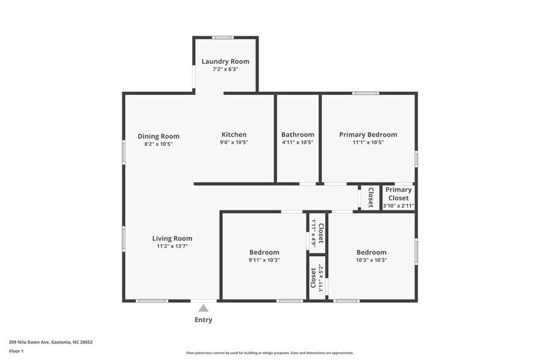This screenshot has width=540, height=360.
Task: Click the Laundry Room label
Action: coord(225,61)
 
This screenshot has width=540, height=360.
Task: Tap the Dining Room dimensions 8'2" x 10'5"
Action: coord(158,144)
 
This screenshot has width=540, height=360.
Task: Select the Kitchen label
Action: coord(234,135)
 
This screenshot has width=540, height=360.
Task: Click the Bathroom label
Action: coord(298,135)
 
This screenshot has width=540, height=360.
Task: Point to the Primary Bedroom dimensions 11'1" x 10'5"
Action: coord(368,142)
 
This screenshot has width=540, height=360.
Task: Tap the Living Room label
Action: coord(172,239)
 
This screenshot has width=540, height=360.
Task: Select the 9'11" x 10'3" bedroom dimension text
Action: coord(264,260)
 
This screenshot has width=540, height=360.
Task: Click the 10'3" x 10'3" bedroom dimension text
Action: coord(371,260)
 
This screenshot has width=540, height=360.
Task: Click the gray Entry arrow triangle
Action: coord(203,309)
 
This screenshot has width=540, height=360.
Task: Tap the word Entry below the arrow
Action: coord(203,320)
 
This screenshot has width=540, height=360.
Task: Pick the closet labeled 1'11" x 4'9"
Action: coord(317,233)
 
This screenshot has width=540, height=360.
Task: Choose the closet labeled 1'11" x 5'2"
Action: coord(317,277)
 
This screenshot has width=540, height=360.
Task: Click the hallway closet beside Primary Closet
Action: coord(370,197)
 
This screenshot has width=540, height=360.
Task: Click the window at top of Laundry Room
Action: coord(223,38)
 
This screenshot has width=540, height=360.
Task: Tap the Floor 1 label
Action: coord(17,351)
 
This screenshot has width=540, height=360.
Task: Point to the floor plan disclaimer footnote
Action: coord(269,353)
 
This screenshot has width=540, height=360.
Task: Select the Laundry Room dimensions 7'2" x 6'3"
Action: coord(225,69)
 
